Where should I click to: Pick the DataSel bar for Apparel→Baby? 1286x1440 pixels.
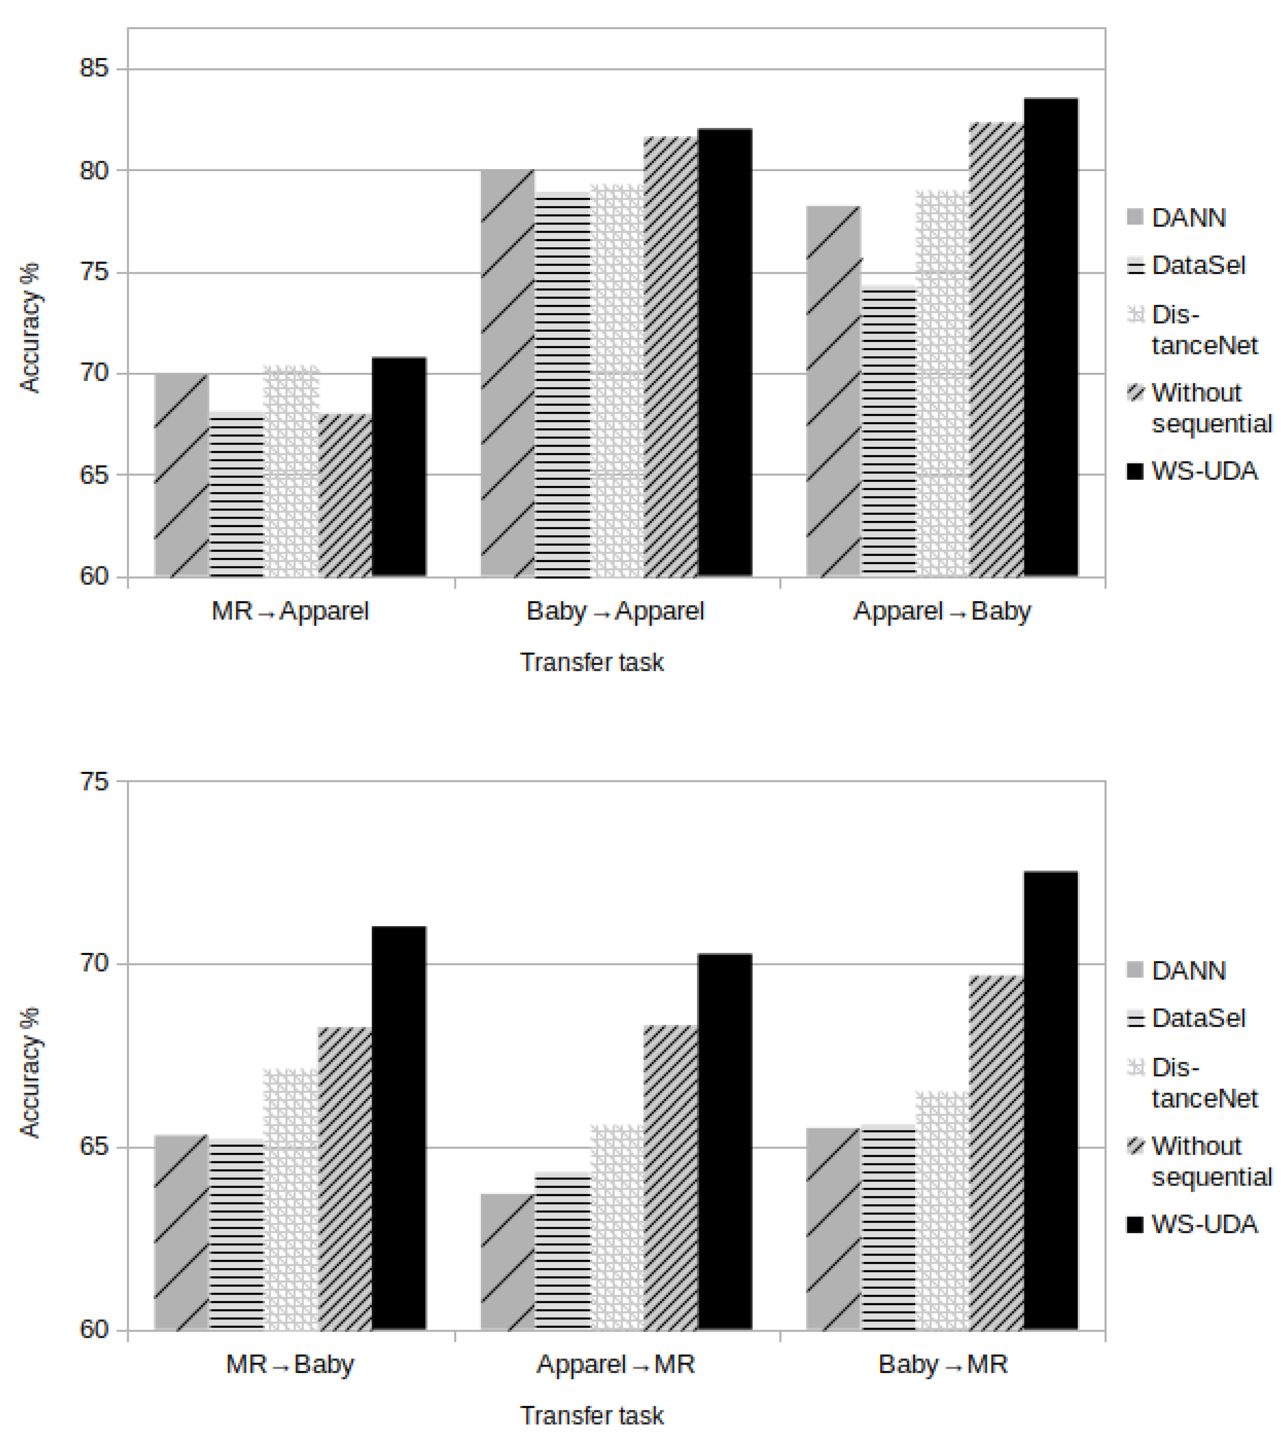[x=888, y=431]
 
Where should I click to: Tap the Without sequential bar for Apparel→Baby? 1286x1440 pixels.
[x=996, y=350]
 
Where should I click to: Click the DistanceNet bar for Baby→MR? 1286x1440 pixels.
[x=943, y=1211]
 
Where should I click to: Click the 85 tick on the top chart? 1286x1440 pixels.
[x=94, y=69]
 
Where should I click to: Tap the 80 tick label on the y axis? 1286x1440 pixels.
[x=94, y=170]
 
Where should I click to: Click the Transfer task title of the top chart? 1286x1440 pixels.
[x=592, y=662]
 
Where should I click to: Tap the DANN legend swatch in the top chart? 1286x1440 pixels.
[x=1135, y=217]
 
